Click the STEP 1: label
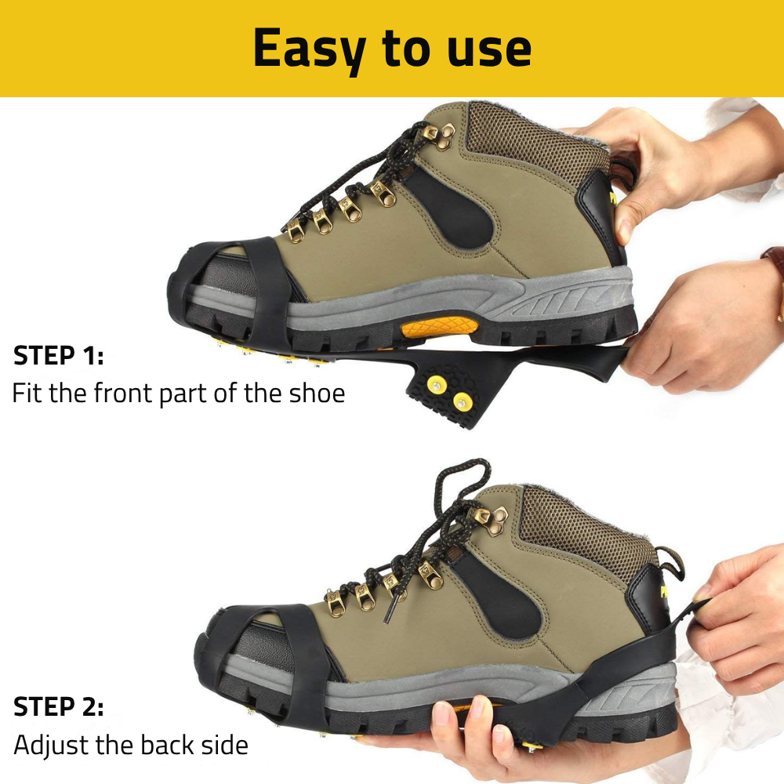59,355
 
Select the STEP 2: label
59,706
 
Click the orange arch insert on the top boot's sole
438,328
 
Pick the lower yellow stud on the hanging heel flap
461,401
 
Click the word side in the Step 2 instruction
224,745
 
